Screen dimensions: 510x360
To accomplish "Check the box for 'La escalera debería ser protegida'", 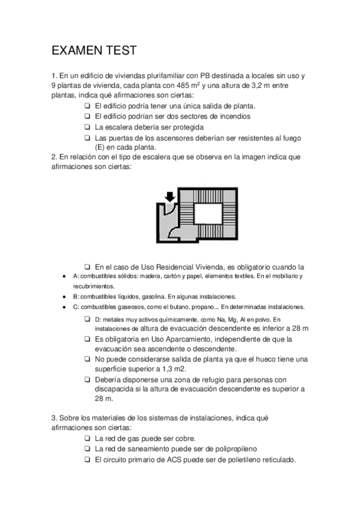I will [x=88, y=127].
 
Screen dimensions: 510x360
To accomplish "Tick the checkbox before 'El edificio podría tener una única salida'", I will [x=88, y=105].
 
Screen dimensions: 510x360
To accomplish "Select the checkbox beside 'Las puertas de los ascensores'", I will [x=88, y=138].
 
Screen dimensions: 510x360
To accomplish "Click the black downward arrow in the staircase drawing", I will [x=170, y=197].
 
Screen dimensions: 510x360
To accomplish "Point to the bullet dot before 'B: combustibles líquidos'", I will [x=64, y=296].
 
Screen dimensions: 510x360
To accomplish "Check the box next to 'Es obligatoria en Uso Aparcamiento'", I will [x=88, y=339].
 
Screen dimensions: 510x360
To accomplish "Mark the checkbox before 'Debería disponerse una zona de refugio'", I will [x=88, y=379].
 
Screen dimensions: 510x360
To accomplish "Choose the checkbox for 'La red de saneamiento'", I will [x=88, y=449].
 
